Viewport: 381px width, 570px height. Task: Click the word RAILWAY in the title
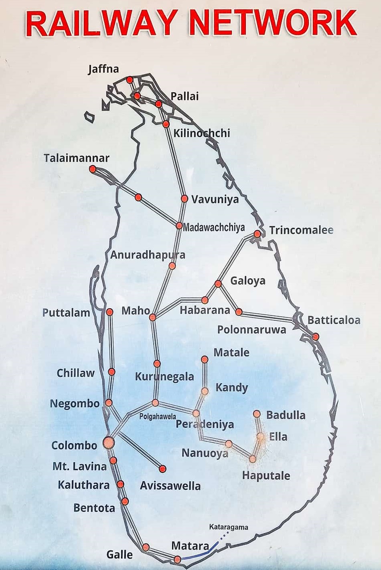coord(102,23)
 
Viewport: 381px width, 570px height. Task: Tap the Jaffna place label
coord(103,69)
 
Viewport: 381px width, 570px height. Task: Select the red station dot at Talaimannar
coord(93,169)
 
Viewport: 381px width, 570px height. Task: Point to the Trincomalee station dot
coord(257,234)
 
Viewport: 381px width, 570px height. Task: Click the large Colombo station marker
coord(108,443)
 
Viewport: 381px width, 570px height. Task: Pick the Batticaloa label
coord(334,320)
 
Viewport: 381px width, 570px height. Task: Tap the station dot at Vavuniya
coord(184,198)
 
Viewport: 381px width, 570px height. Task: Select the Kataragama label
coord(229,527)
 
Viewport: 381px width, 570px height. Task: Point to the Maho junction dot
coord(152,317)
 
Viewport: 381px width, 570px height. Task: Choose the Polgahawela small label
coord(158,416)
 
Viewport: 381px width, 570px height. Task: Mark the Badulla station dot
coord(257,414)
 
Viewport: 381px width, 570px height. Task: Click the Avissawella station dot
coord(162,469)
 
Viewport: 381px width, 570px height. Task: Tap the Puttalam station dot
coord(109,312)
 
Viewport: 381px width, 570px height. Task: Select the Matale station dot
coord(205,359)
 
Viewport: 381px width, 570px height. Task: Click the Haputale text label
coord(266,476)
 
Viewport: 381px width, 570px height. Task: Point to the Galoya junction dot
coord(218,284)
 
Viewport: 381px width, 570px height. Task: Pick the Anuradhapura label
coord(148,255)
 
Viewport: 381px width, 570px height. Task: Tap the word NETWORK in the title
coord(272,23)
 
